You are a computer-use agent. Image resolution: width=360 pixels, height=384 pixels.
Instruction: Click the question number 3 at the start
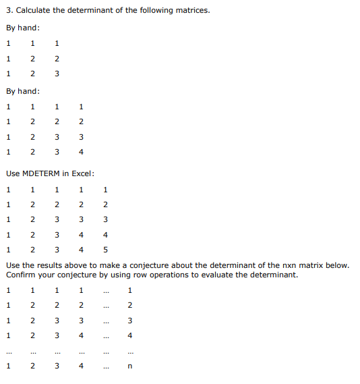(x=8, y=10)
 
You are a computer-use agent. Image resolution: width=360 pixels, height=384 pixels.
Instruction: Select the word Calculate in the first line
(x=34, y=10)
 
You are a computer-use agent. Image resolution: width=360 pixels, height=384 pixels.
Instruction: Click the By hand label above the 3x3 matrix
(x=22, y=28)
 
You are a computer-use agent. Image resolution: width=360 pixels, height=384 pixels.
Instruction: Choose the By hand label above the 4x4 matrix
(x=22, y=91)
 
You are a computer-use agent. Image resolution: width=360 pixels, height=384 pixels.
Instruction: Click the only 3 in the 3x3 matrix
(x=57, y=74)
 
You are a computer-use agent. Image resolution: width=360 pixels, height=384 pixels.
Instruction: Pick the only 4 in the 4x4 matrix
(x=81, y=153)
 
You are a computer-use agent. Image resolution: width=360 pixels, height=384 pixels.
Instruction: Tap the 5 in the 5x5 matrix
(x=105, y=250)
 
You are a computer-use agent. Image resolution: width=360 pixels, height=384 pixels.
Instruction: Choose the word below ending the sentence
(x=335, y=265)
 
